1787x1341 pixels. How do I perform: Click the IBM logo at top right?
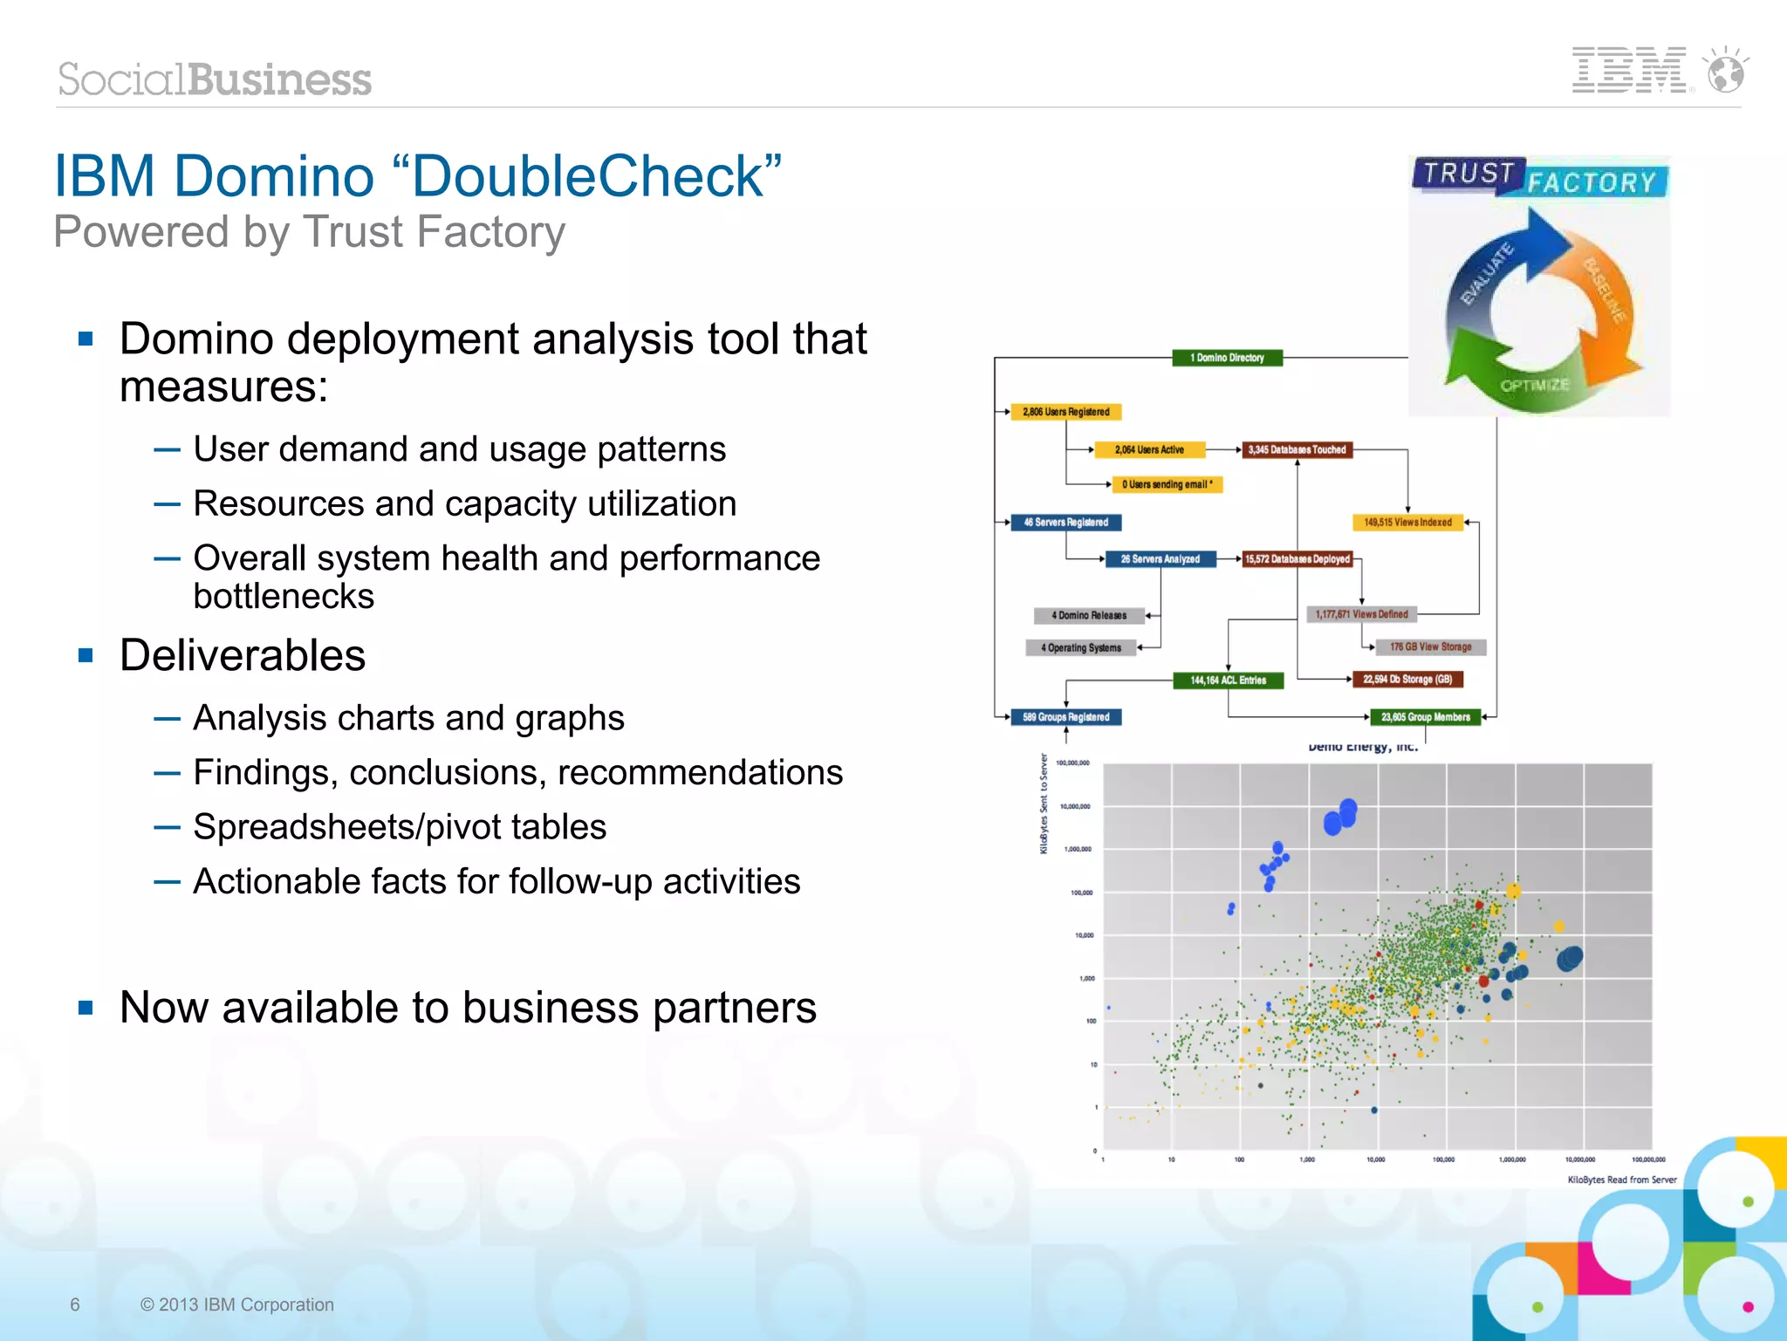(1630, 71)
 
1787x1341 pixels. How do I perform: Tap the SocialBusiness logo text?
(215, 79)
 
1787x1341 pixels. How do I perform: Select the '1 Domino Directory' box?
(1227, 358)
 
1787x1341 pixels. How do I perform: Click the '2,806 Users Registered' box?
(1065, 412)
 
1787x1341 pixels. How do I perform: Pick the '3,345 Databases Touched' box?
(1297, 450)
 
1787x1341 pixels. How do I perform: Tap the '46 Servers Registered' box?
(1065, 523)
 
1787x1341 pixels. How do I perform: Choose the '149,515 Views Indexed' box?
(1407, 523)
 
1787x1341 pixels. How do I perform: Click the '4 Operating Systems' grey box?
(1080, 647)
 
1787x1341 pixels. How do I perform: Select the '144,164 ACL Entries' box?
(1228, 681)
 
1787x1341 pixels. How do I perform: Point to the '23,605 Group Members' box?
(1425, 717)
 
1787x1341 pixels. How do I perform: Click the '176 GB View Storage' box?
(1430, 647)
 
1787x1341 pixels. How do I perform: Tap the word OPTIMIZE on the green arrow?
(1534, 385)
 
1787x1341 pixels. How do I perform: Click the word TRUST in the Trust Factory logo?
(1469, 173)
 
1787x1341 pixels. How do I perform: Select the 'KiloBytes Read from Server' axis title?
(1621, 1180)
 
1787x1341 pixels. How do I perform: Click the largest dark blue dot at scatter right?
(1570, 959)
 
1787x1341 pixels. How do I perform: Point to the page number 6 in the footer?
(75, 1304)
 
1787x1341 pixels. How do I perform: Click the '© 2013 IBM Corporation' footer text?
(237, 1304)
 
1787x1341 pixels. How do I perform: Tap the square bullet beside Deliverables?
(86, 655)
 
